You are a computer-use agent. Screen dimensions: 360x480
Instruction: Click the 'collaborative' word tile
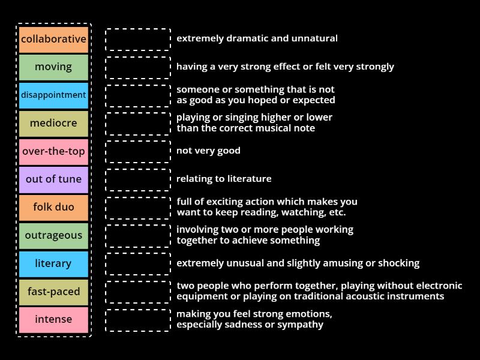[53, 39]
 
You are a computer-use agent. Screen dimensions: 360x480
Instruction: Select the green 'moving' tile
[53, 67]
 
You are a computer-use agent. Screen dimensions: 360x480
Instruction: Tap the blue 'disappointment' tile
[53, 95]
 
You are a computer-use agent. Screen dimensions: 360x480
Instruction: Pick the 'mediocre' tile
[53, 123]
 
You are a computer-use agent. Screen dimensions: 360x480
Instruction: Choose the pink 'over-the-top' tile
[53, 151]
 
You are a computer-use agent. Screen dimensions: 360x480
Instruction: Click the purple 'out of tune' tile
[53, 179]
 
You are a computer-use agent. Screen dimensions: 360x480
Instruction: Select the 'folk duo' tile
[53, 207]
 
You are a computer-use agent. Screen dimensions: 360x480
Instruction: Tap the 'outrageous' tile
[53, 235]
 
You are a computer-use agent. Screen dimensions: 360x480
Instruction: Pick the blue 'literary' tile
[53, 263]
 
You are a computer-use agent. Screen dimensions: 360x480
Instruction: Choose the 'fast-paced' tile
[53, 292]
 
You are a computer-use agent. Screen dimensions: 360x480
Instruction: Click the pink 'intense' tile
[53, 319]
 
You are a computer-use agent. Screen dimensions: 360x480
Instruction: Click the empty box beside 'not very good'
[138, 151]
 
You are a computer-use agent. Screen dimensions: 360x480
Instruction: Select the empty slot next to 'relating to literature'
[138, 179]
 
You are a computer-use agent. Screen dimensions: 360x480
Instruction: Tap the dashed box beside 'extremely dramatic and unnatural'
[138, 39]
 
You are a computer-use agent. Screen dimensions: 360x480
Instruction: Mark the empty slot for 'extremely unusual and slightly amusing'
[138, 263]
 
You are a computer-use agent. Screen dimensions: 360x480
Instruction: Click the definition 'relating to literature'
[224, 179]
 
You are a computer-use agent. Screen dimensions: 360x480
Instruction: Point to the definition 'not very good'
[208, 151]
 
